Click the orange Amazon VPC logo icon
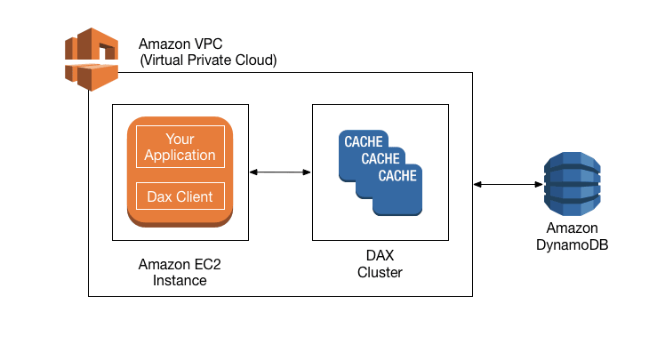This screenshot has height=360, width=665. [x=92, y=59]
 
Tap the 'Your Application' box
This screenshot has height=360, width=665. [x=180, y=147]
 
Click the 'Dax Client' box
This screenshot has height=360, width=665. [x=180, y=196]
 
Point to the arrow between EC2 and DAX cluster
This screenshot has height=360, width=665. [x=281, y=172]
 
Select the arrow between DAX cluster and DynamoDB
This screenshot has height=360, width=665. [x=509, y=185]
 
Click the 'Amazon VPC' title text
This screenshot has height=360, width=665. [x=180, y=44]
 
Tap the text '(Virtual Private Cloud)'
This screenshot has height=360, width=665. [x=208, y=60]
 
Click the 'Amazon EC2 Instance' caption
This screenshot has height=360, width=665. [x=179, y=271]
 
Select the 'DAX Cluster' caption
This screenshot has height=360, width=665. [x=380, y=264]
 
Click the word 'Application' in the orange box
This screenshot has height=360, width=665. [x=180, y=155]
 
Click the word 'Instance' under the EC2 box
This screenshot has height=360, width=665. [x=179, y=280]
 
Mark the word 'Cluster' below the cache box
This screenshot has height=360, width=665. [x=380, y=272]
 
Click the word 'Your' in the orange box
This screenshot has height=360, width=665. [x=180, y=139]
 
